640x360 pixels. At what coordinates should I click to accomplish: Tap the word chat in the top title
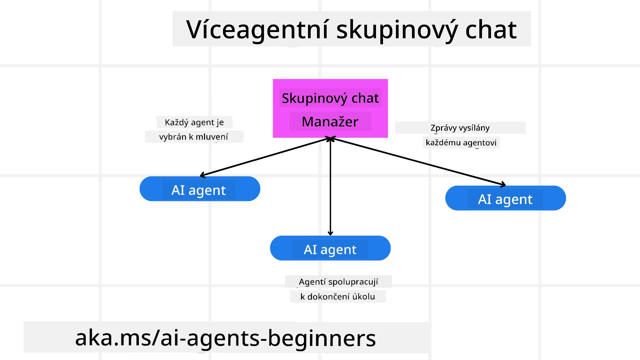pos(491,30)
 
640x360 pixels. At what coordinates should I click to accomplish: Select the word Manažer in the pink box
pos(330,122)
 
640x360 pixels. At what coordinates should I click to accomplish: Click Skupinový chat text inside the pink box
pos(330,98)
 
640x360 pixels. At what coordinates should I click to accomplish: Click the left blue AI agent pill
pos(200,189)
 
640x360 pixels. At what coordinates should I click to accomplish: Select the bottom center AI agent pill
pos(330,248)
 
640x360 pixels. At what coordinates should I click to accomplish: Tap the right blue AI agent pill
pos(505,198)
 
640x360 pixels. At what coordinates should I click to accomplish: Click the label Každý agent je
pos(194,122)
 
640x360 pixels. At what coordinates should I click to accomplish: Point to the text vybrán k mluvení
pos(194,137)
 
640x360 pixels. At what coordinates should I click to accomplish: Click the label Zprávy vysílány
pos(460,128)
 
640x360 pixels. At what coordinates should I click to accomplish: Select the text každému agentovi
pos(461,143)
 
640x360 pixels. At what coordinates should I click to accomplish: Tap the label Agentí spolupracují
pos(338,282)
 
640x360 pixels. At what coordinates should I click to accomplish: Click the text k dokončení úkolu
pos(338,297)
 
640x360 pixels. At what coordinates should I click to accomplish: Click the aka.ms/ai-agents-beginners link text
pos(226,338)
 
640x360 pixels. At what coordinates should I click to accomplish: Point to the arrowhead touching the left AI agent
pos(202,175)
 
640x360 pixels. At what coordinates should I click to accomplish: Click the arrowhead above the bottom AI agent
pos(330,233)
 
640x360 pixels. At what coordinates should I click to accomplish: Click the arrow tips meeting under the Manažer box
pos(330,138)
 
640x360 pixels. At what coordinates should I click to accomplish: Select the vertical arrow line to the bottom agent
pos(330,187)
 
